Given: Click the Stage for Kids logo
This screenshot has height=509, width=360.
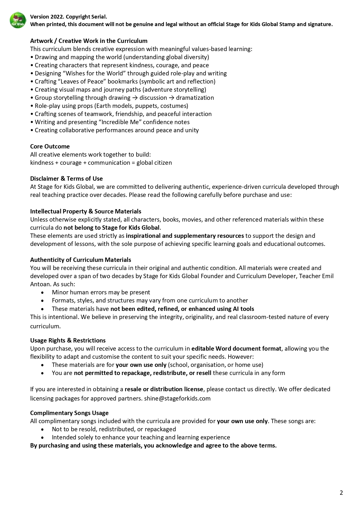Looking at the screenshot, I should click(18, 20).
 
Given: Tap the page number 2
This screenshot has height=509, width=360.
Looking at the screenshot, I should click(341, 493).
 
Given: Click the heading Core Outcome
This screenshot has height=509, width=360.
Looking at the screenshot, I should click(50, 146).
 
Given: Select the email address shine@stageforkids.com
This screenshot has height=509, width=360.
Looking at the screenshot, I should click(177, 398).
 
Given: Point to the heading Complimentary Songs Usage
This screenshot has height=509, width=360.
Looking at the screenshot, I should click(69, 413).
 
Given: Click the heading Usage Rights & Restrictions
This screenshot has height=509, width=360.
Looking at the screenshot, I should click(68, 340).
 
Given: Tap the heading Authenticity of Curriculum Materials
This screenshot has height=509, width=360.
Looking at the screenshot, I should click(81, 260).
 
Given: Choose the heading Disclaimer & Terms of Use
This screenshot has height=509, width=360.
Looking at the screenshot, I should click(66, 179).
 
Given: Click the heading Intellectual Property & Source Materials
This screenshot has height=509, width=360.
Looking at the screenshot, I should click(86, 211).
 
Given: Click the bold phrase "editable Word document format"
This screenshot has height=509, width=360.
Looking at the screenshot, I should click(236, 349).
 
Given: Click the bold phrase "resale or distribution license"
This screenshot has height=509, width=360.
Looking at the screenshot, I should click(164, 389).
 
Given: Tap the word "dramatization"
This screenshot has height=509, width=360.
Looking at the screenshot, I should click(195, 98).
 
